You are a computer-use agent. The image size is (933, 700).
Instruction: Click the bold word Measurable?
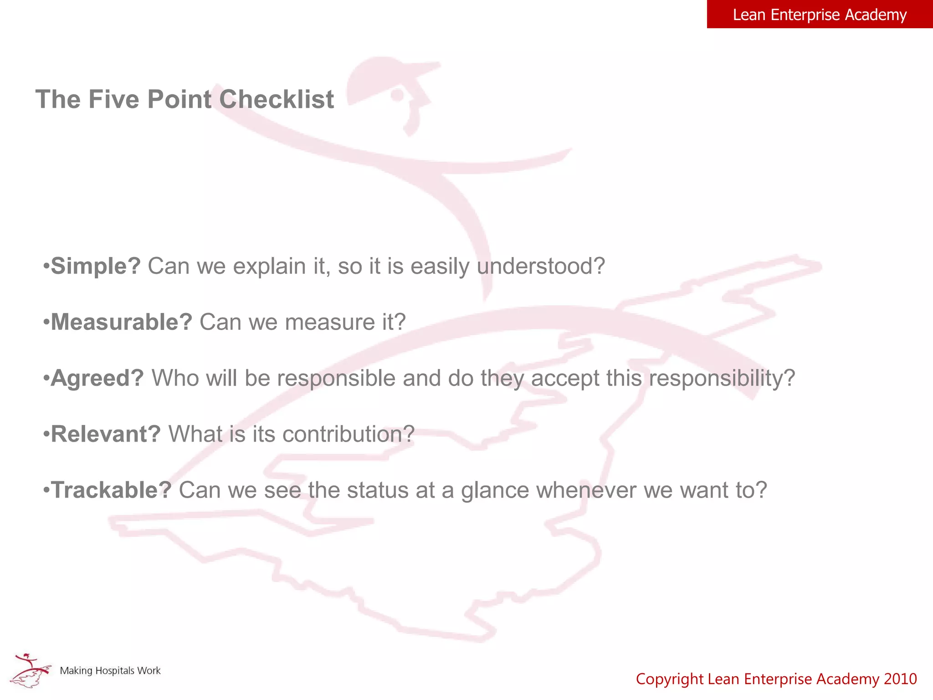(x=122, y=322)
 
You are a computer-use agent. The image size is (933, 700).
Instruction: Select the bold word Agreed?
(x=97, y=378)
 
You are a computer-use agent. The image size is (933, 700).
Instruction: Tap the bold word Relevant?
(x=106, y=434)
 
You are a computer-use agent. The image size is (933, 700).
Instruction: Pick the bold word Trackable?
(x=111, y=490)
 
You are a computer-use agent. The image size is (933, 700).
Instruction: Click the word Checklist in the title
(x=277, y=99)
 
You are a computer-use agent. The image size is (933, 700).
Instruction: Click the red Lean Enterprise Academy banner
(x=820, y=15)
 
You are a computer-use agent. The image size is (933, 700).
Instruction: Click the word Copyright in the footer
(x=670, y=679)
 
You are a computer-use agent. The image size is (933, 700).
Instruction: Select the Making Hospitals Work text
(x=110, y=671)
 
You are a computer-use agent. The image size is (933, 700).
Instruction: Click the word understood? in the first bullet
(x=541, y=266)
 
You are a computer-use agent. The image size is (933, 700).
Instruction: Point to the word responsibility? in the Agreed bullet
(x=722, y=378)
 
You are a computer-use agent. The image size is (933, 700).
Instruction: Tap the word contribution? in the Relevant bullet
(x=349, y=434)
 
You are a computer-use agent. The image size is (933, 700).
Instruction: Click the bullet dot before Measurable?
(x=46, y=323)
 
